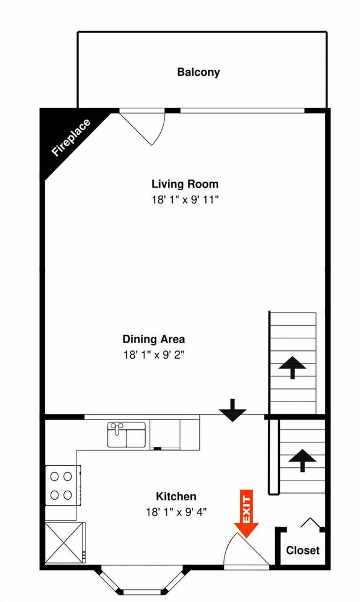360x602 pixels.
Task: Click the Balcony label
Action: (199, 72)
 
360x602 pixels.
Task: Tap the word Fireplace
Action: (72, 137)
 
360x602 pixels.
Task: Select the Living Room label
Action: (185, 184)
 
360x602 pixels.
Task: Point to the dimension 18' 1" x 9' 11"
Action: (185, 200)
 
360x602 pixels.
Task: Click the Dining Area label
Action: (154, 339)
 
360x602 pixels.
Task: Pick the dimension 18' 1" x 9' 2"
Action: (154, 355)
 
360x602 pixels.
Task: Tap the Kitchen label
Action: (176, 496)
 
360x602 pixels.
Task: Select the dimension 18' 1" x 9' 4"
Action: (176, 512)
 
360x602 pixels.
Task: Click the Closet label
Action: (303, 550)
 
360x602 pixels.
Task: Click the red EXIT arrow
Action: (246, 514)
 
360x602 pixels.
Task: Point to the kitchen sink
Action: (126, 435)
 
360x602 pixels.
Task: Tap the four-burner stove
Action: (63, 485)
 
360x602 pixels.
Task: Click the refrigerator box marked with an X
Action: (64, 543)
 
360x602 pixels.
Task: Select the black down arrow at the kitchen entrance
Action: (232, 411)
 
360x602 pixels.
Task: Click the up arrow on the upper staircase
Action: (293, 367)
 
